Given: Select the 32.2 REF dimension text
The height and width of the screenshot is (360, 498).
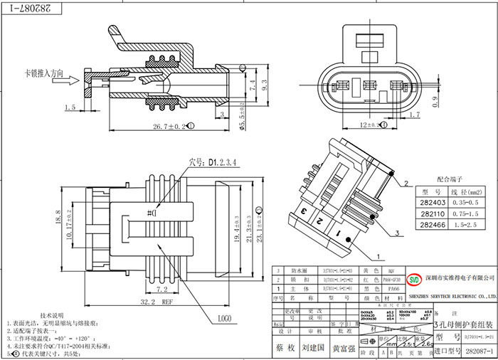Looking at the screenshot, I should tap(147, 302).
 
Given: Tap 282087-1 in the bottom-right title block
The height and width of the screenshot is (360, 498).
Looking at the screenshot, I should tap(480, 351).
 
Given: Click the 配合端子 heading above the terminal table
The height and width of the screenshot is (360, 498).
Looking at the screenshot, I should tap(450, 181).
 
